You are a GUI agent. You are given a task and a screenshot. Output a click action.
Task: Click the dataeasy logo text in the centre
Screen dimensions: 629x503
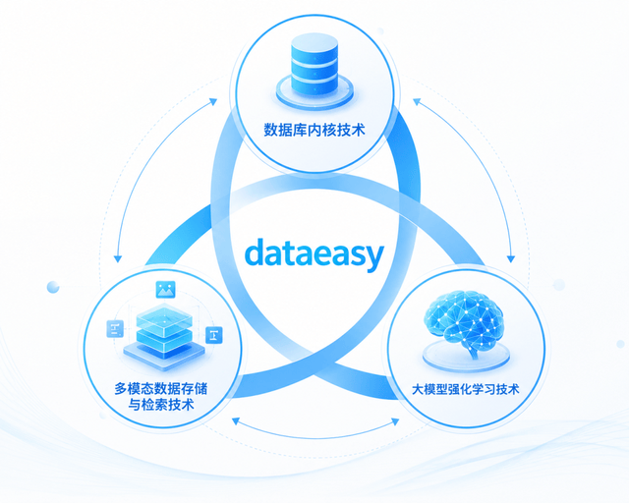(314, 253)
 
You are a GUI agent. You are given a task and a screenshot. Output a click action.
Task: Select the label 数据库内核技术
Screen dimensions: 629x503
(314, 130)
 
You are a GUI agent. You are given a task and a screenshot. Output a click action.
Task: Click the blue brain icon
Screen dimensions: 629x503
(464, 319)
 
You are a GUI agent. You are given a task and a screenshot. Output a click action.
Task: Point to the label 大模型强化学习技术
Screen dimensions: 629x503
(465, 389)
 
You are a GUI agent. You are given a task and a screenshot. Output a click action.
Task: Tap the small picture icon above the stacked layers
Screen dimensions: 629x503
(166, 289)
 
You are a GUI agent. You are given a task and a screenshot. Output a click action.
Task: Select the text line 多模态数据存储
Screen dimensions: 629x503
(161, 388)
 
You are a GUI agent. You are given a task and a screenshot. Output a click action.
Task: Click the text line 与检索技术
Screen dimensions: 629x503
(161, 405)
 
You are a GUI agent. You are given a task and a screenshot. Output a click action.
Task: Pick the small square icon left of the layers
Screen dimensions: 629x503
(115, 329)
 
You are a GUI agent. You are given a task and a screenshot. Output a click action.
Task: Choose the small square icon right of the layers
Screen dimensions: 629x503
(214, 335)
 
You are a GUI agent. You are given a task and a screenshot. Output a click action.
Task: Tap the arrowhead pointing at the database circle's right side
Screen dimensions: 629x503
(417, 102)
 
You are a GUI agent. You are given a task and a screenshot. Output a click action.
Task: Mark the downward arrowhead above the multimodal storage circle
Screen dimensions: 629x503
(118, 258)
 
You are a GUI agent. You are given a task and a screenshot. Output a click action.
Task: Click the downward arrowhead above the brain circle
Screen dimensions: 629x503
(511, 258)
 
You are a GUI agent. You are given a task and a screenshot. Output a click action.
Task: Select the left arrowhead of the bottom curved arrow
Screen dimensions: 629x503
(236, 420)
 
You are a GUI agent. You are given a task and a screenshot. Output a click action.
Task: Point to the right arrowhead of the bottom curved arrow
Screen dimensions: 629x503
(395, 421)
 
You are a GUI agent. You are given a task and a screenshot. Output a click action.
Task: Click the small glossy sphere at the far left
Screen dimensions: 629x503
(53, 287)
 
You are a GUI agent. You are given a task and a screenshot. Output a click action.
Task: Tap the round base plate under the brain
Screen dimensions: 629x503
(466, 356)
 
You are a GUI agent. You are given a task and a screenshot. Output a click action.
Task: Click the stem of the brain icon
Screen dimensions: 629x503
(474, 352)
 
